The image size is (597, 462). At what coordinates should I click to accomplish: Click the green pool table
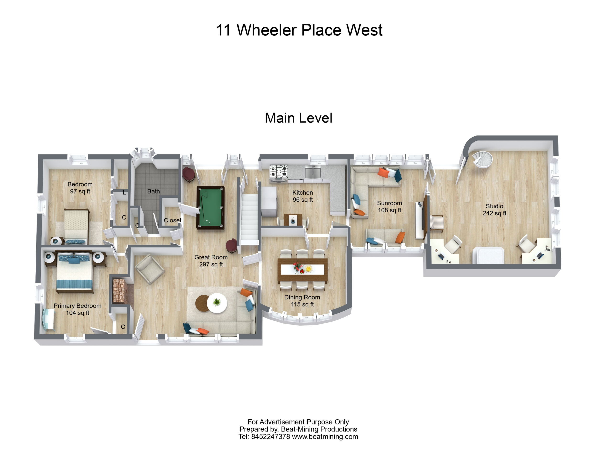tap(210, 208)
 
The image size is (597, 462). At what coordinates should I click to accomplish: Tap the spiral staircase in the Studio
tap(482, 160)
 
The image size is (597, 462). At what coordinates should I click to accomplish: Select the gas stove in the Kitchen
tap(279, 173)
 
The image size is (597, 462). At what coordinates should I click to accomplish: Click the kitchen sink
tap(313, 172)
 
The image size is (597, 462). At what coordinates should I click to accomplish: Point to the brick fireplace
tap(119, 291)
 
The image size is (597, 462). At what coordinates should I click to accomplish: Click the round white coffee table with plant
tap(217, 303)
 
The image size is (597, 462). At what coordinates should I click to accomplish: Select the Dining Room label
tap(302, 297)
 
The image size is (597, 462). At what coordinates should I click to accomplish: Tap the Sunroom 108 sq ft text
tap(390, 207)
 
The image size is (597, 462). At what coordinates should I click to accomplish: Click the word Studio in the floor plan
tap(494, 206)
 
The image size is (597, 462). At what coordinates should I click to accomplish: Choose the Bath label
tap(153, 191)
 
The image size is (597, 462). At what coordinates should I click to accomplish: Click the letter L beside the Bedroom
tap(124, 193)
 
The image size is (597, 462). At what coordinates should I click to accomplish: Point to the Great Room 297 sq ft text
tap(211, 261)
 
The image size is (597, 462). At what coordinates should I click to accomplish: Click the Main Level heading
tap(298, 118)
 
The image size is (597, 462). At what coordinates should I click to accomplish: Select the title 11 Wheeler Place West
tap(299, 30)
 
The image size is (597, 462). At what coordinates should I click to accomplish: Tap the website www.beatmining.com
tap(325, 437)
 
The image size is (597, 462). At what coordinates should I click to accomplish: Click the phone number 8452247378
tap(270, 437)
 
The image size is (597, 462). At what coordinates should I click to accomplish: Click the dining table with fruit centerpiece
tap(302, 270)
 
